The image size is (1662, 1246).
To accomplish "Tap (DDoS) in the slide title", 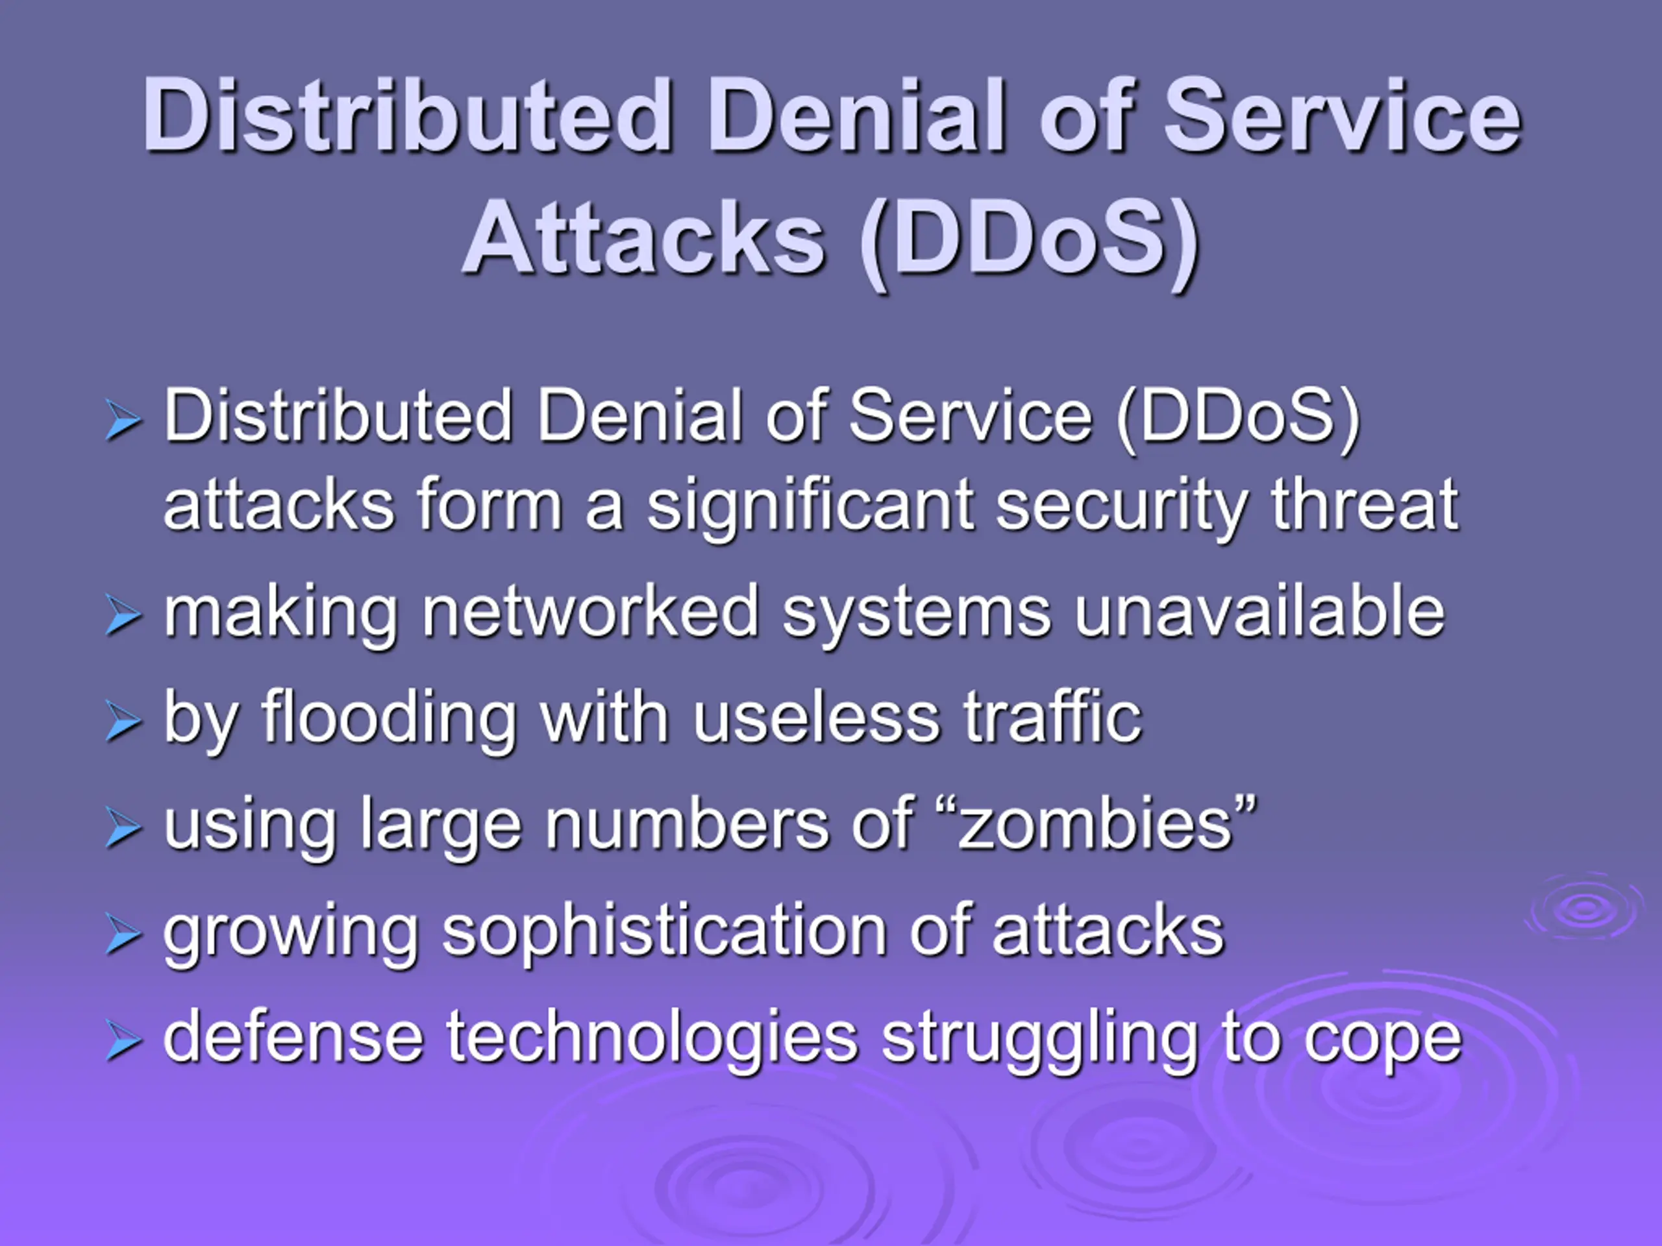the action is point(1030,244).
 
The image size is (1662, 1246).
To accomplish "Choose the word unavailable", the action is point(1259,611).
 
